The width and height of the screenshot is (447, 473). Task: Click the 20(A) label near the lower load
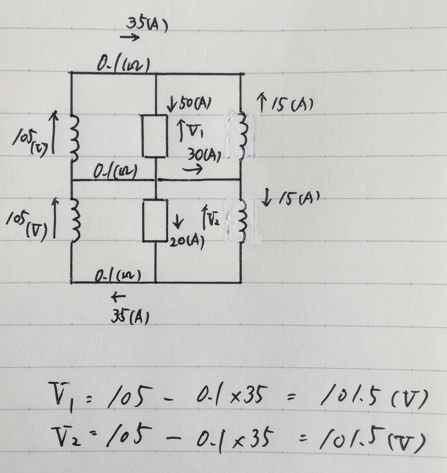(187, 243)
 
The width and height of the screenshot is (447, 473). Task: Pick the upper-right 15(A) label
(292, 104)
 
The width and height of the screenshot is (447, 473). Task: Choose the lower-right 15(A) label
(299, 198)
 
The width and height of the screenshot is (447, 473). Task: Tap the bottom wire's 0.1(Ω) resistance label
(118, 276)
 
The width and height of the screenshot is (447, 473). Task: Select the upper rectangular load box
(155, 136)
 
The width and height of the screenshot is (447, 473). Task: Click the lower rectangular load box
(155, 221)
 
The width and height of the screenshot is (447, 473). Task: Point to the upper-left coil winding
(74, 138)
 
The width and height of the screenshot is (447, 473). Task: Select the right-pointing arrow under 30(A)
(192, 169)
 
